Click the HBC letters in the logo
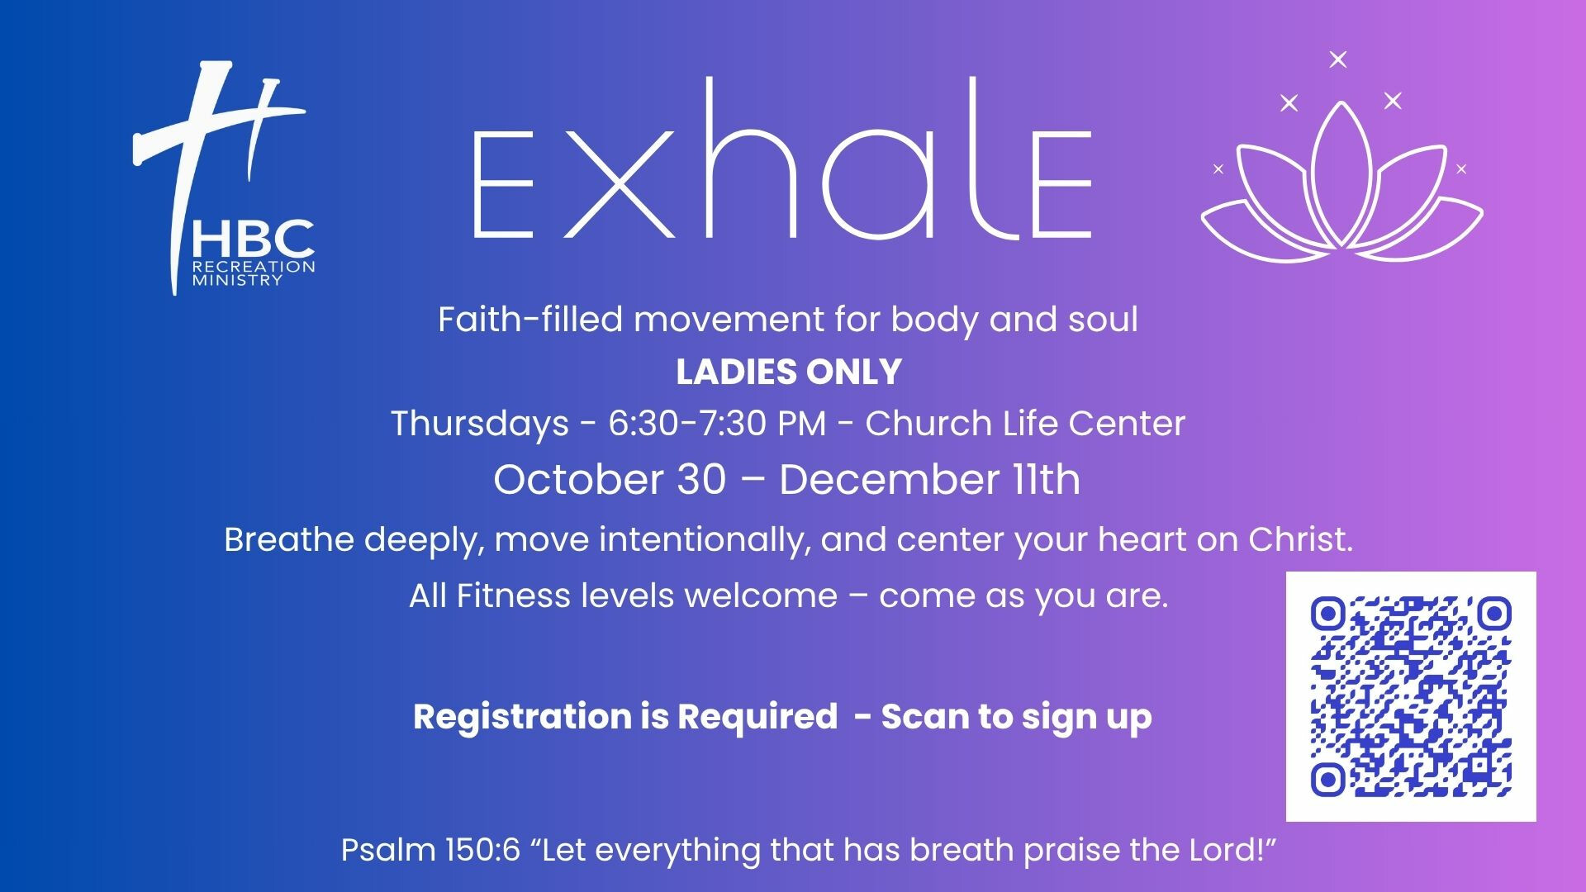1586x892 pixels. pos(253,240)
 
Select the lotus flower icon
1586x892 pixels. pos(1341,183)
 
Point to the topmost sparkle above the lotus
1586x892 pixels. pos(1338,59)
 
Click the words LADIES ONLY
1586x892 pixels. pos(789,372)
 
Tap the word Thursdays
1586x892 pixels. pos(480,424)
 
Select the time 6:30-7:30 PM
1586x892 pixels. pos(717,424)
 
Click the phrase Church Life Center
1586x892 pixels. pos(1025,424)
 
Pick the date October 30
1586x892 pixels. pos(610,479)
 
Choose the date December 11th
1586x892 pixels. pos(929,479)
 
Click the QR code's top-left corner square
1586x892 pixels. pos(1328,614)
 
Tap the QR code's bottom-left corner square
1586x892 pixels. pos(1328,779)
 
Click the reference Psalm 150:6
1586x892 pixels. pos(431,850)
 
